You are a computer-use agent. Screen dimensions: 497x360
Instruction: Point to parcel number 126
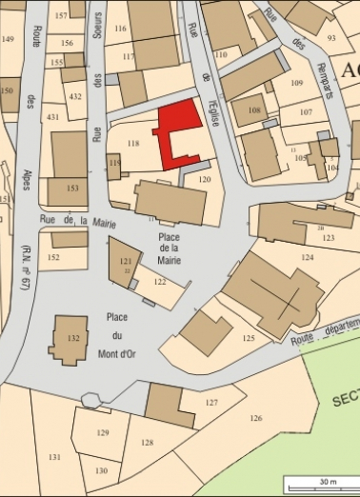[x=255, y=418]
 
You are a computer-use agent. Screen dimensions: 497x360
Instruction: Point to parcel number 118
[x=133, y=144]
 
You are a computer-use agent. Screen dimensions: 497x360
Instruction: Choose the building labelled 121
[x=124, y=261]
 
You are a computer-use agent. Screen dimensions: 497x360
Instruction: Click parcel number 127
[x=211, y=403]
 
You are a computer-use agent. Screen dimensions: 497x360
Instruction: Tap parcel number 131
[x=54, y=457]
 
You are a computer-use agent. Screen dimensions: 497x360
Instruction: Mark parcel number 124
[x=307, y=258]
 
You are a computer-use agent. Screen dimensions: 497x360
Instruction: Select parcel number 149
[x=9, y=39]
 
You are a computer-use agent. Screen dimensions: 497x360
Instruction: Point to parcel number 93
[x=331, y=38]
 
